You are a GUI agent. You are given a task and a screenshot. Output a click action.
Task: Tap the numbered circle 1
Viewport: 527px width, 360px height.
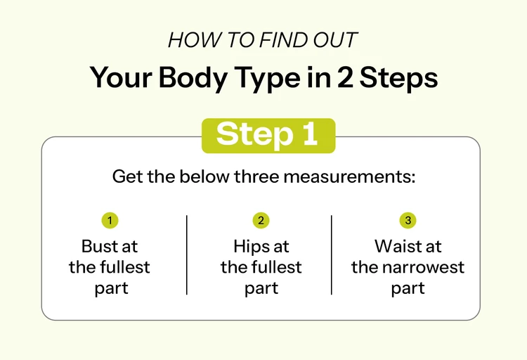pyautogui.click(x=110, y=221)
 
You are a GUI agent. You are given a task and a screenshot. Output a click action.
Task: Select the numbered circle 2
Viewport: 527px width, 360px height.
pyautogui.click(x=261, y=221)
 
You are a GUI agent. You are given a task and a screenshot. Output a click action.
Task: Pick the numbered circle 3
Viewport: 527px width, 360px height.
pyautogui.click(x=408, y=221)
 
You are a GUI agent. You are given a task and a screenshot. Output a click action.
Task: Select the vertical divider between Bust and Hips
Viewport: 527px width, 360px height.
pyautogui.click(x=187, y=255)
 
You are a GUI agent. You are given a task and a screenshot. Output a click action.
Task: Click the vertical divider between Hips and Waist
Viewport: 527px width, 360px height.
pyautogui.click(x=332, y=255)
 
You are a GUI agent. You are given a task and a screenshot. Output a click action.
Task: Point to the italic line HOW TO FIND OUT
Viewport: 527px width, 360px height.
pyautogui.click(x=263, y=41)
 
